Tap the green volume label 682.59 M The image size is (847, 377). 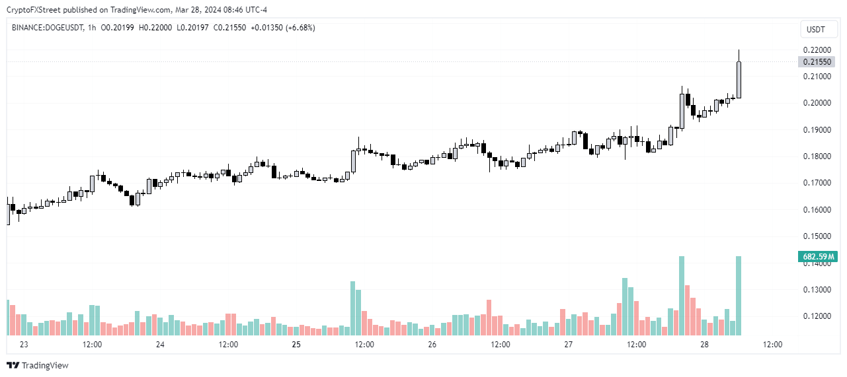pos(818,256)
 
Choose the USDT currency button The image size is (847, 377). pos(816,30)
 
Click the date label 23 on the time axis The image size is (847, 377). pos(24,345)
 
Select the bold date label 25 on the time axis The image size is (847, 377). pos(296,345)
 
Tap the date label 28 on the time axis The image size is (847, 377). pos(704,345)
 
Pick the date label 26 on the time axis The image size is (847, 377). pos(432,345)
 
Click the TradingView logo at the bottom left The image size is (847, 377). pos(38,365)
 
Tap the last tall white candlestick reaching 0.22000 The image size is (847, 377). pos(739,80)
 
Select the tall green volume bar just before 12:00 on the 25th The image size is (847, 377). pos(353,308)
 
